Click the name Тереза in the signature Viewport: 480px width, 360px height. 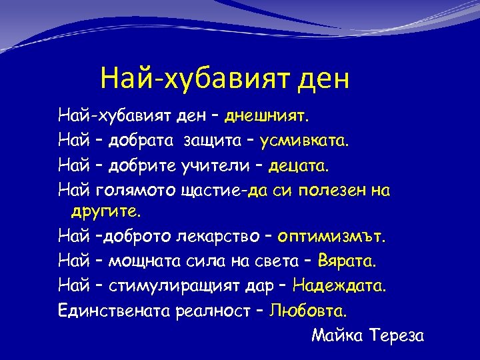pyautogui.click(x=395, y=335)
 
